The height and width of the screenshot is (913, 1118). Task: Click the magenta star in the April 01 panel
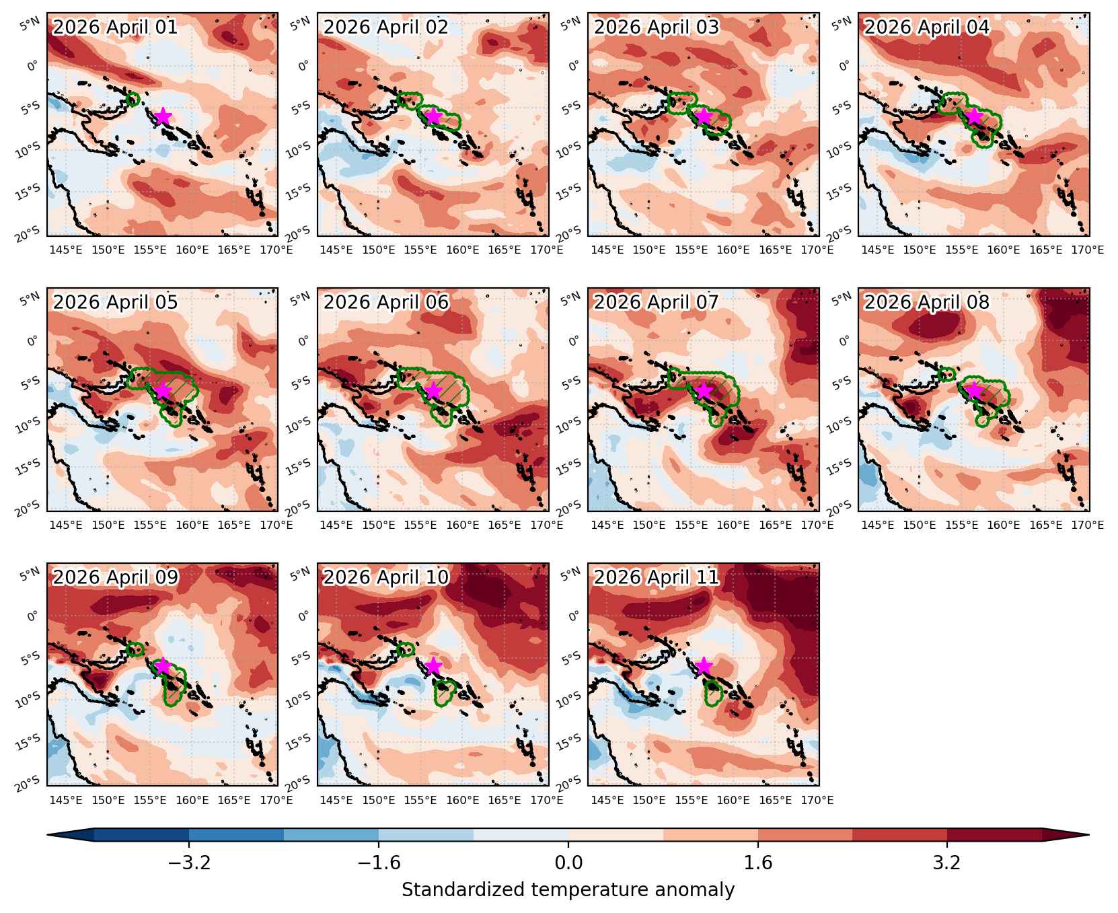pos(162,116)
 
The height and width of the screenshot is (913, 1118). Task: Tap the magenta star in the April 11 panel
pos(703,666)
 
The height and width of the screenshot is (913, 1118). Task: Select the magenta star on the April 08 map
pos(973,391)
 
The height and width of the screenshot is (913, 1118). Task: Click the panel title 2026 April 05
pos(116,302)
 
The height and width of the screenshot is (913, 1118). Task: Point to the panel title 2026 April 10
pos(386,577)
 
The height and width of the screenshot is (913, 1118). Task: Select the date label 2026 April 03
pos(657,27)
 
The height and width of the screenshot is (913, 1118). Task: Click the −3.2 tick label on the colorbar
pos(189,863)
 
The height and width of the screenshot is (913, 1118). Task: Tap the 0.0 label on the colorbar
pos(568,863)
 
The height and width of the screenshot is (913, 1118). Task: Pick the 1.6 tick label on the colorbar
pos(758,863)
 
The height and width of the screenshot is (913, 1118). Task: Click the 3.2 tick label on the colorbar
pos(947,863)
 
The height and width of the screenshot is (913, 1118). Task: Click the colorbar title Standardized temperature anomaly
pos(568,890)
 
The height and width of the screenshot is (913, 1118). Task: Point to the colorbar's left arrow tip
pos(47,835)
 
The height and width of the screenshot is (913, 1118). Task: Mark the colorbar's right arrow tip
pos(1089,835)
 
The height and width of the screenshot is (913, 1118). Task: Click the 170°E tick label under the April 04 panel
pos(1088,250)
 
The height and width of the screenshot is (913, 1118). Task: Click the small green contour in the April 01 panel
pos(133,100)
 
